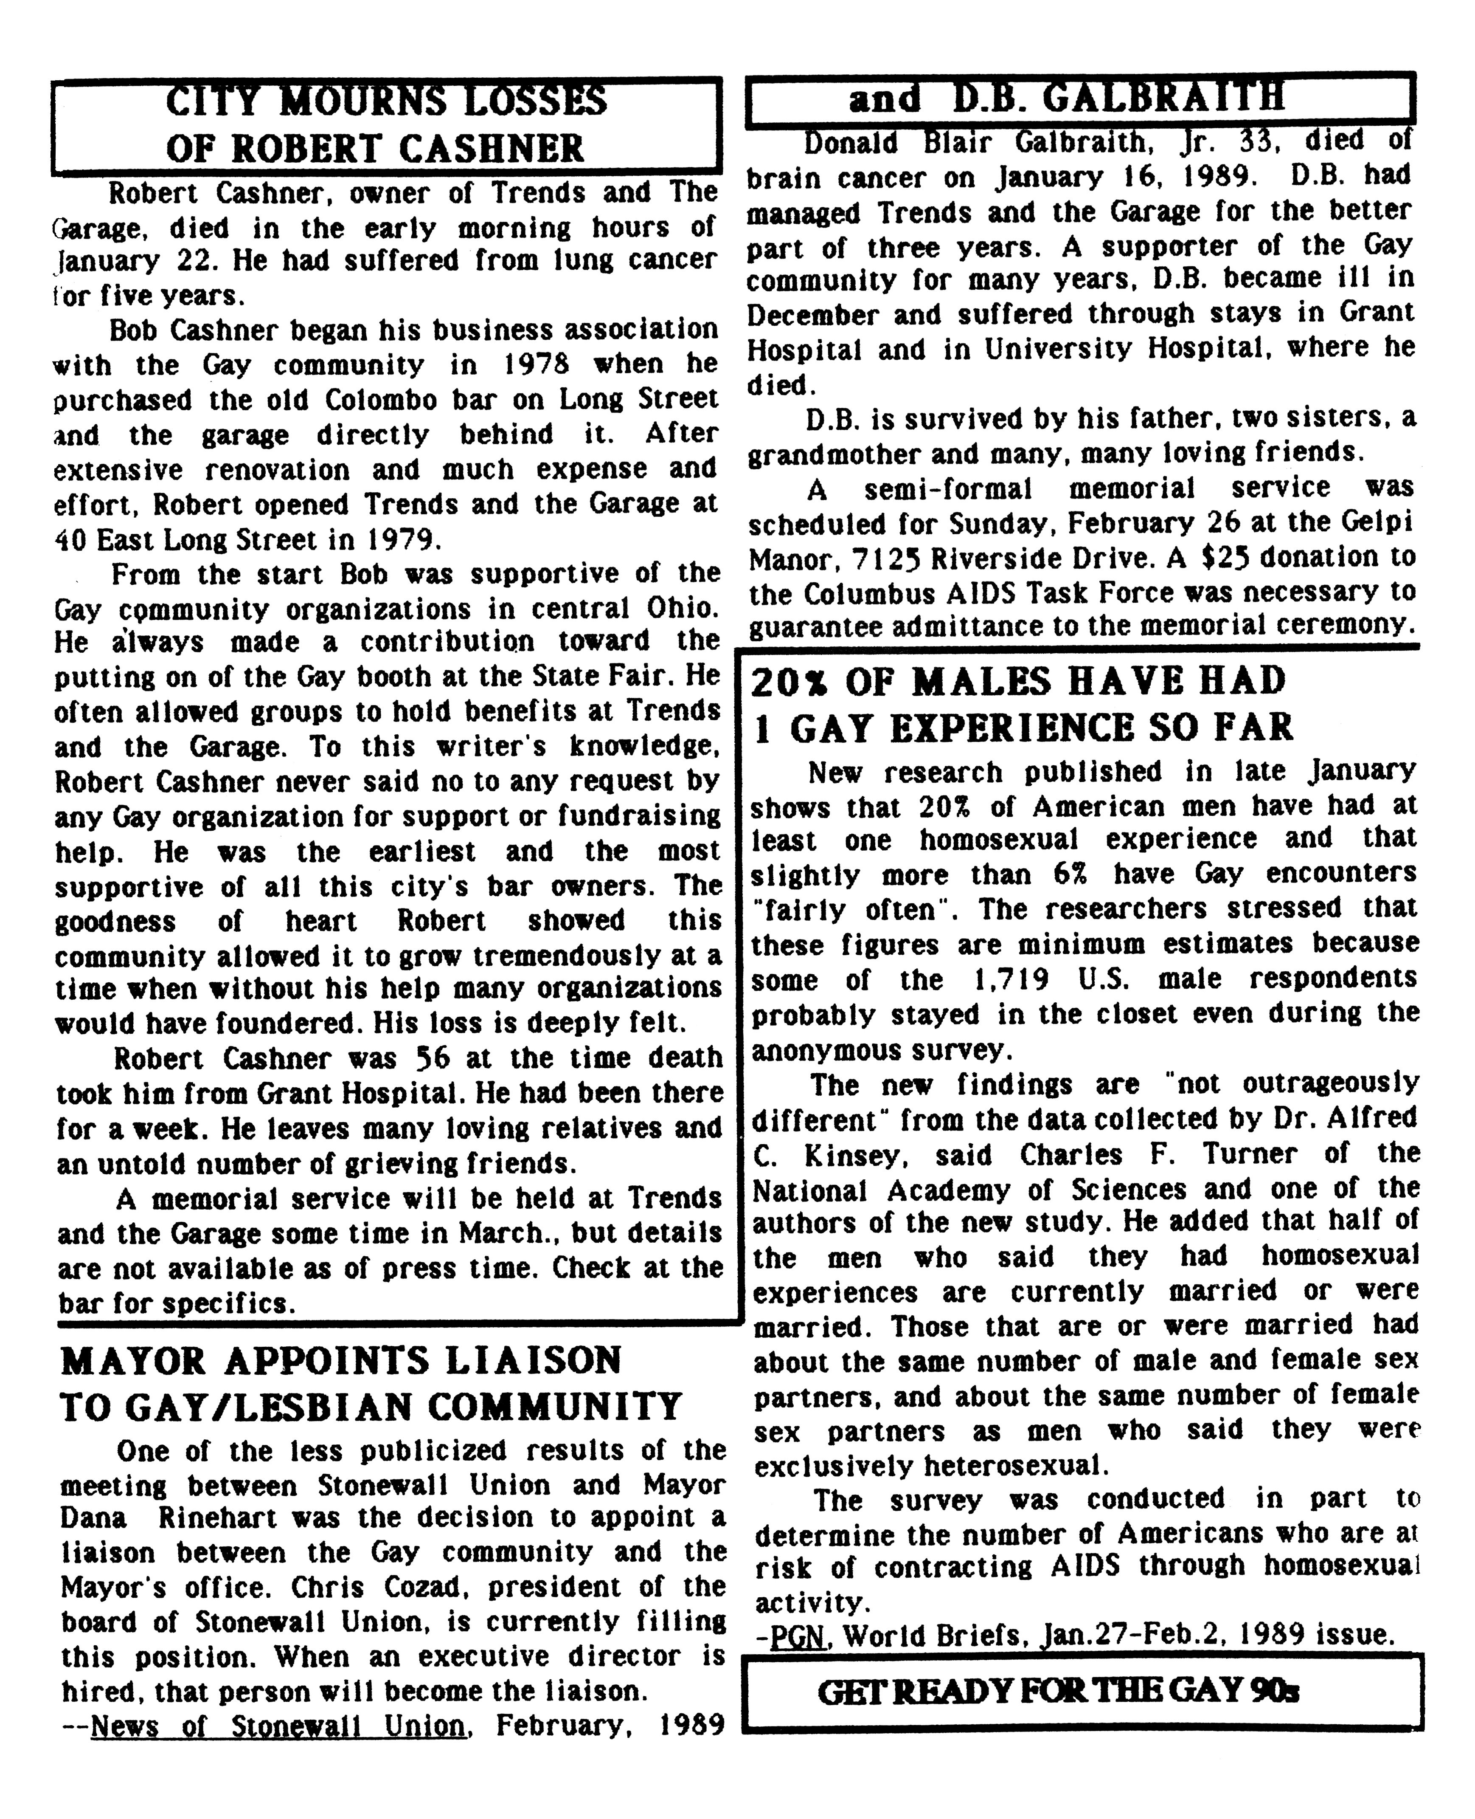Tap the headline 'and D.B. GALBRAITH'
(1066, 99)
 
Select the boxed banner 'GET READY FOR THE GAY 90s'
(1058, 1692)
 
